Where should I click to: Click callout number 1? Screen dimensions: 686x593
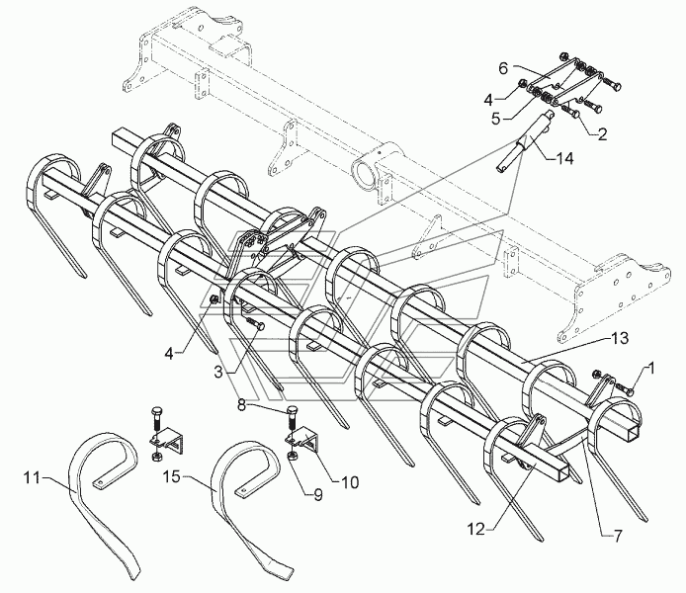pos(650,369)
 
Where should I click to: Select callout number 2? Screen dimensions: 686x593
pos(602,134)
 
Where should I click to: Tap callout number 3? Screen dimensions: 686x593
pos(218,372)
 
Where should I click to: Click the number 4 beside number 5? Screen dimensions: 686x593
pos(488,100)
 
